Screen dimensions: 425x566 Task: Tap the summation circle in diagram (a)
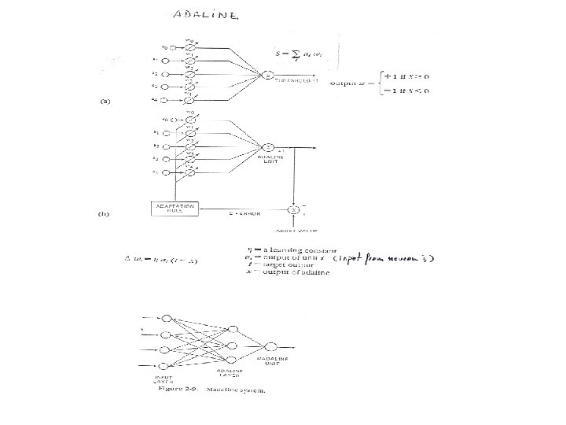click(268, 76)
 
